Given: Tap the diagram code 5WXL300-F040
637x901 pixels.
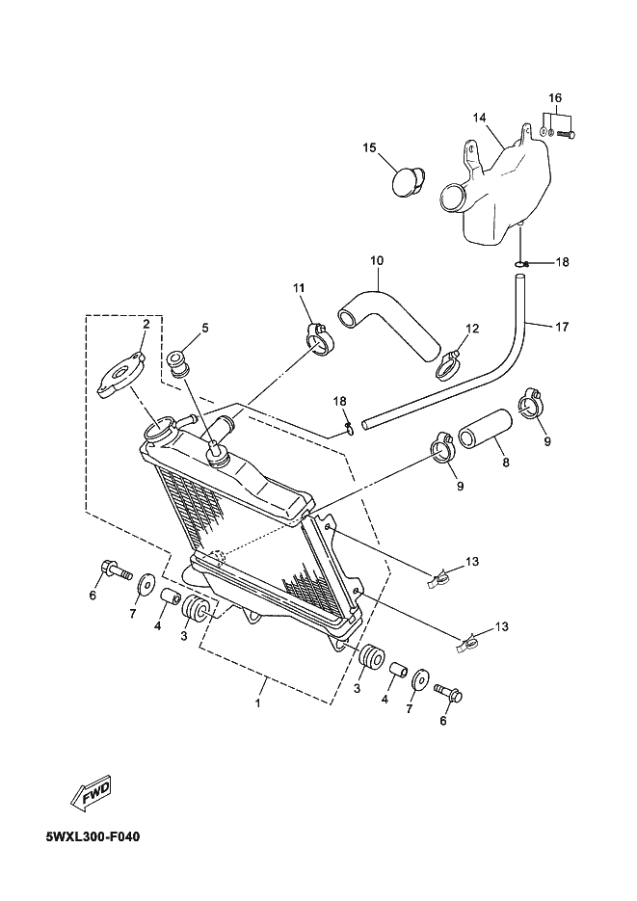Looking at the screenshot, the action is pyautogui.click(x=93, y=836).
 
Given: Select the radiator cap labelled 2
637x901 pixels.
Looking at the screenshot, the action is pyautogui.click(x=120, y=376).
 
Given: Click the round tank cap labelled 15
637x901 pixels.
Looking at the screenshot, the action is pyautogui.click(x=409, y=180).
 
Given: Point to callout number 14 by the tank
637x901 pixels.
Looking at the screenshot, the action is pyautogui.click(x=480, y=118).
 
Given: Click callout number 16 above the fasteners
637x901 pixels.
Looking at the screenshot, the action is pyautogui.click(x=555, y=97).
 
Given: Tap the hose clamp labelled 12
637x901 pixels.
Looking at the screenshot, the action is pyautogui.click(x=448, y=366).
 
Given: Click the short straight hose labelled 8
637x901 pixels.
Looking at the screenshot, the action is pyautogui.click(x=484, y=438).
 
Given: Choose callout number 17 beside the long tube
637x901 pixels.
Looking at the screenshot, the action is pyautogui.click(x=562, y=327).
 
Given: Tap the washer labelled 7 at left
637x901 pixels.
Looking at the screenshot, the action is pyautogui.click(x=145, y=584).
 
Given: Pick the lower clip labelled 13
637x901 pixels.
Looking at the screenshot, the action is pyautogui.click(x=468, y=645).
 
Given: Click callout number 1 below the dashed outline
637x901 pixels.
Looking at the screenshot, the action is pyautogui.click(x=258, y=702).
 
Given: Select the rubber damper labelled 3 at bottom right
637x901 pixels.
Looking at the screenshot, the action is pyautogui.click(x=370, y=656).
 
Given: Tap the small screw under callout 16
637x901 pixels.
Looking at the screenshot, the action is pyautogui.click(x=568, y=135).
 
